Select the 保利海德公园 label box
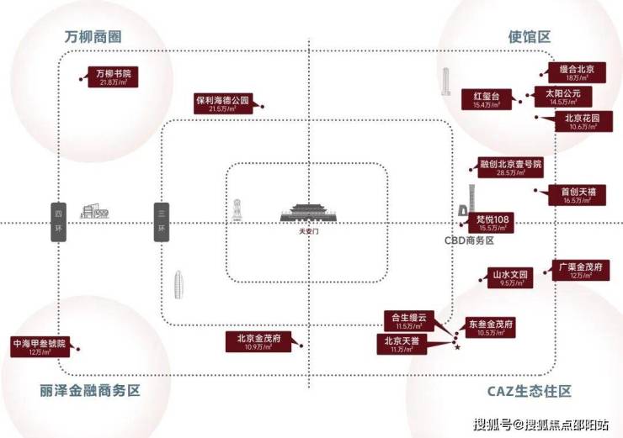click(x=223, y=103)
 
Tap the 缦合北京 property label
click(x=578, y=73)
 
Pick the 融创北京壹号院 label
click(x=511, y=167)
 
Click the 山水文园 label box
click(x=512, y=278)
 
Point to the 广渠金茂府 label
click(x=578, y=270)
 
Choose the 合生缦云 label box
click(x=408, y=320)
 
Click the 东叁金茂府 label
click(x=491, y=328)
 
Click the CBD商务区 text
click(x=468, y=240)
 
